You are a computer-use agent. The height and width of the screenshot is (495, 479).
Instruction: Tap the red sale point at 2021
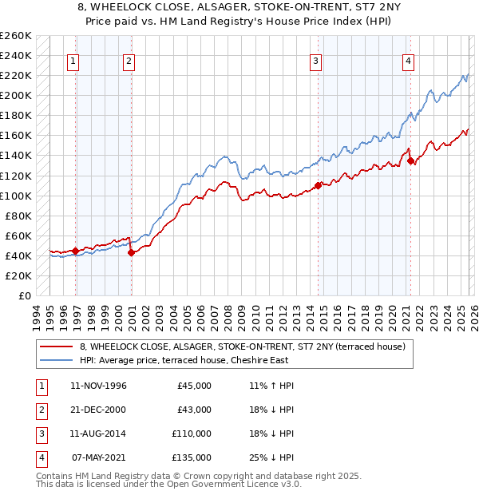pos(410,160)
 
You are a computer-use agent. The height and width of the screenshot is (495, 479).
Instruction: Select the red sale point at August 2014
pos(318,185)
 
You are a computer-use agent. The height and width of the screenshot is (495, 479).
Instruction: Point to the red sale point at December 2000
pos(131,252)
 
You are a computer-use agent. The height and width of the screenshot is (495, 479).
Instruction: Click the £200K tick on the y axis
pos(16,95)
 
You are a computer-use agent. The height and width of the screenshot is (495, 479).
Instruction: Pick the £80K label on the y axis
pos(18,216)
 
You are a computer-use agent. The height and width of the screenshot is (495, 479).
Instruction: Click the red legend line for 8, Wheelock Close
pos(55,347)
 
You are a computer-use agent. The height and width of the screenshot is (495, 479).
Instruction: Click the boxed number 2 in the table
pos(39,410)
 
